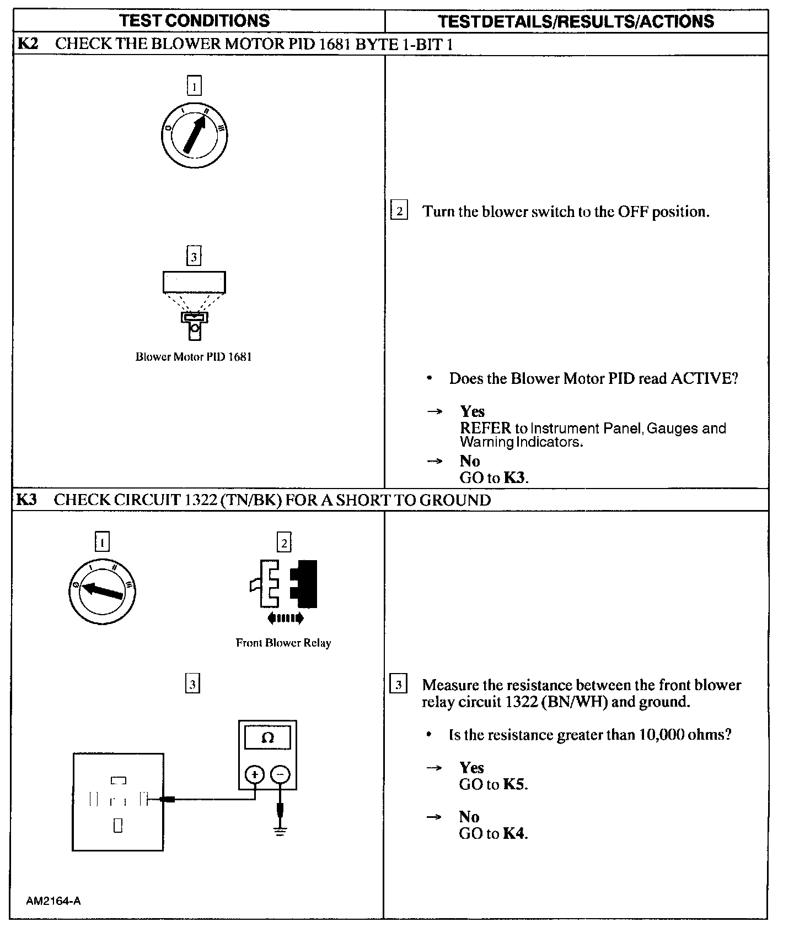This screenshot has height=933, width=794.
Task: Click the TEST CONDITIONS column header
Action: (195, 21)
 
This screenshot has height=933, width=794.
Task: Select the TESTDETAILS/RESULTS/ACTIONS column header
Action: (576, 21)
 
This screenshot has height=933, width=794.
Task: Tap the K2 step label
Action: (28, 44)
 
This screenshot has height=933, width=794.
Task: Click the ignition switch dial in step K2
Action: (194, 135)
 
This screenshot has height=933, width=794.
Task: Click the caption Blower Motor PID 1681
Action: (194, 357)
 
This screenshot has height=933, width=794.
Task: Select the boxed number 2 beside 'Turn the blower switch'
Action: (399, 211)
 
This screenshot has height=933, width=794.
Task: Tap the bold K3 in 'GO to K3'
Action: (514, 478)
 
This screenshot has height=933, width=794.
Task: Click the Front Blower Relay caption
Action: (283, 643)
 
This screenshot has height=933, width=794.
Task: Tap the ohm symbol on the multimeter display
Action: (267, 738)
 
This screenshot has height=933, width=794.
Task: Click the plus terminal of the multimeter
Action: (254, 775)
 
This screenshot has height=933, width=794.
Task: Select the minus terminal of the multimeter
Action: (281, 775)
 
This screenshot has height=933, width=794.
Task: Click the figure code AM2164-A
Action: (53, 901)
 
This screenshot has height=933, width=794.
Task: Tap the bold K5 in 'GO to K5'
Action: (514, 784)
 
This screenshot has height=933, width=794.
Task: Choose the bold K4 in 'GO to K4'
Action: (514, 834)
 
